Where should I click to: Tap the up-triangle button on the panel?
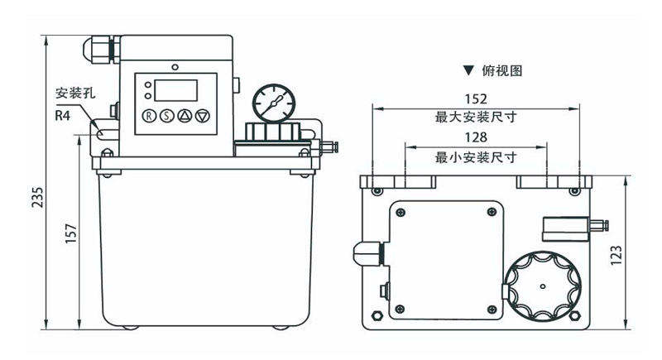click(185, 116)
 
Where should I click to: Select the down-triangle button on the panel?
click(202, 116)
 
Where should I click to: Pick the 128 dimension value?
click(476, 137)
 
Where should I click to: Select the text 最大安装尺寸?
click(476, 118)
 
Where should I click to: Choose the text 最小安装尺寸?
click(476, 156)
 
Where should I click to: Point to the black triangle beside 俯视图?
click(468, 71)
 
